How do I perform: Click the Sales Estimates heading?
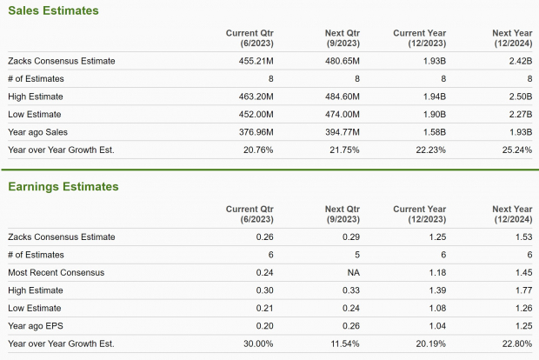click(53, 10)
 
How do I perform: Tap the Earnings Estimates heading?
click(63, 186)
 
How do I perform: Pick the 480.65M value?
click(342, 61)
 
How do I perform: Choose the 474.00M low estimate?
click(342, 114)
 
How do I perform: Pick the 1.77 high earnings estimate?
click(522, 290)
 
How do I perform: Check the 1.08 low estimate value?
click(436, 308)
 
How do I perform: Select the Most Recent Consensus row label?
click(56, 272)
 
